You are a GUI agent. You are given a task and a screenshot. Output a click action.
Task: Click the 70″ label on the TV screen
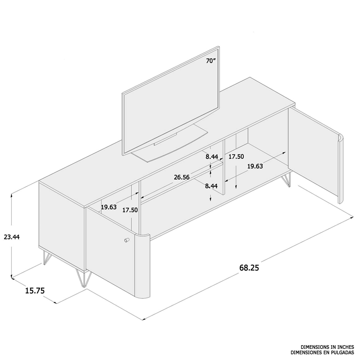211,61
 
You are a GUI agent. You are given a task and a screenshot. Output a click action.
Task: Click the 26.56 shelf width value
182,177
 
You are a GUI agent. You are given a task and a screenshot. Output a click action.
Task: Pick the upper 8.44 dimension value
212,157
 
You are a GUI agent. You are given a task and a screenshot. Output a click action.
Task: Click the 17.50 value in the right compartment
236,157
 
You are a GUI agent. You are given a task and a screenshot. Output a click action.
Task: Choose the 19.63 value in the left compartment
109,207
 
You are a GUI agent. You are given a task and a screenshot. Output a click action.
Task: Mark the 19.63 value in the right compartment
255,166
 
